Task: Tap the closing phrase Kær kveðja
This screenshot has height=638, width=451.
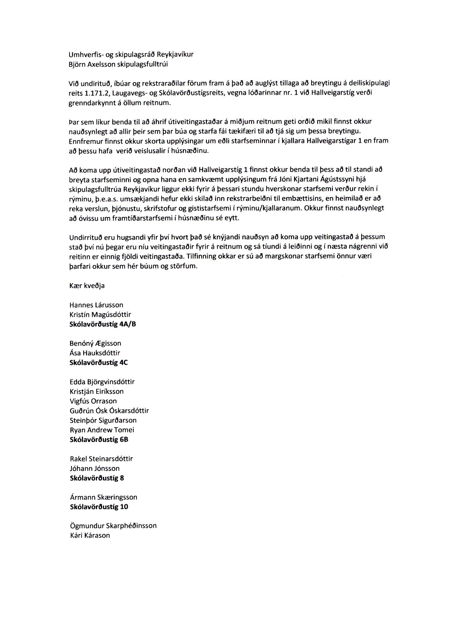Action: pyautogui.click(x=87, y=286)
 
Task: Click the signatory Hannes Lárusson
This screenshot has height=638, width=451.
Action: pyautogui.click(x=96, y=305)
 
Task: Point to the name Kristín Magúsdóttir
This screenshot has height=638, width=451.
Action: pyautogui.click(x=100, y=314)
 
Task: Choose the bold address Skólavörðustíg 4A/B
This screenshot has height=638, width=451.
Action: pyautogui.click(x=103, y=324)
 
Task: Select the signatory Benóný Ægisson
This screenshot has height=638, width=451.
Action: pyautogui.click(x=95, y=343)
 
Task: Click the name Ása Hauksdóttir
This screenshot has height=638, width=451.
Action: pyautogui.click(x=95, y=353)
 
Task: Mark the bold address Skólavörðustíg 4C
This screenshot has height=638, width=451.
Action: pyautogui.click(x=99, y=363)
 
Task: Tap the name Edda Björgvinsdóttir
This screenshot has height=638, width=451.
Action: pyautogui.click(x=102, y=382)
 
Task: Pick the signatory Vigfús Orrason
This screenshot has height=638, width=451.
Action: pyautogui.click(x=93, y=401)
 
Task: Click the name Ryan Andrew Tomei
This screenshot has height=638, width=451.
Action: pyautogui.click(x=102, y=430)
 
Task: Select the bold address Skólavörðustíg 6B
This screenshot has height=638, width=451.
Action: pyautogui.click(x=99, y=440)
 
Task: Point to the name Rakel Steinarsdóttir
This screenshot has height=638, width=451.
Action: pyautogui.click(x=101, y=459)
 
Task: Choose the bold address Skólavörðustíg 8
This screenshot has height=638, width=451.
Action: pyautogui.click(x=97, y=478)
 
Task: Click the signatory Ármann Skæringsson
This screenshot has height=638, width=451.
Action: pyautogui.click(x=103, y=497)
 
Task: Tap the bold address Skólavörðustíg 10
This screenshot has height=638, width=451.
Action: pyautogui.click(x=99, y=507)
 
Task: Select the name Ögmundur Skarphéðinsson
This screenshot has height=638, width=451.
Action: pyautogui.click(x=113, y=526)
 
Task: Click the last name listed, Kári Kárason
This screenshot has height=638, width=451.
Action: pyautogui.click(x=90, y=535)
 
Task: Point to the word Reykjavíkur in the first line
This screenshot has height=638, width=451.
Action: pyautogui.click(x=175, y=54)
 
